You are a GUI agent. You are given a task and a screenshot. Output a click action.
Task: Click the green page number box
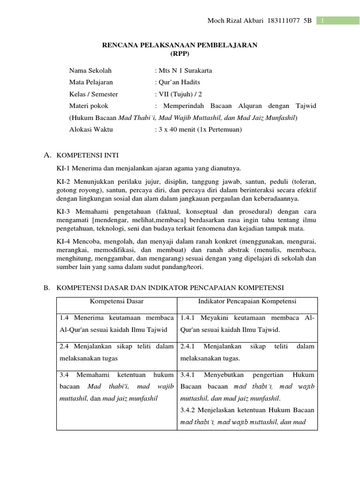point(338,21)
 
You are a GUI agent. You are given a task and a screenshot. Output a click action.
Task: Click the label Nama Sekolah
point(90,71)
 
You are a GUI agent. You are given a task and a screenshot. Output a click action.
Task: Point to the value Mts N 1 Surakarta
point(185,71)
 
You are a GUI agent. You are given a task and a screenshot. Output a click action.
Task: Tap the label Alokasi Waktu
point(91,129)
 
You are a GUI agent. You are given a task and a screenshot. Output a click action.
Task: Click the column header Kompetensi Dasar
point(117,301)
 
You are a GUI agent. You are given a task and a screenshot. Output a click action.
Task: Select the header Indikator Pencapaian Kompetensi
point(247,301)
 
